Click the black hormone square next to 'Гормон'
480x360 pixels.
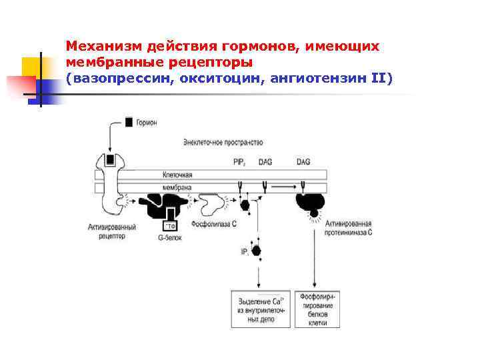(x=128, y=123)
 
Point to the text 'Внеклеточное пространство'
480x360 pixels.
(x=223, y=142)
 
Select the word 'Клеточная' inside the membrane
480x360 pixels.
(x=177, y=175)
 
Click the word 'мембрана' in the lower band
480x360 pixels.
(x=177, y=188)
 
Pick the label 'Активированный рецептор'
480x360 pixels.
(x=111, y=231)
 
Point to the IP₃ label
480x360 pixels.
(x=245, y=251)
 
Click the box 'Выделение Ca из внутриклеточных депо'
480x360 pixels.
(x=261, y=309)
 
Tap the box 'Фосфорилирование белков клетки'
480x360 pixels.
(x=320, y=309)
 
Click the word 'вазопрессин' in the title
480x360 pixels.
(x=115, y=78)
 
